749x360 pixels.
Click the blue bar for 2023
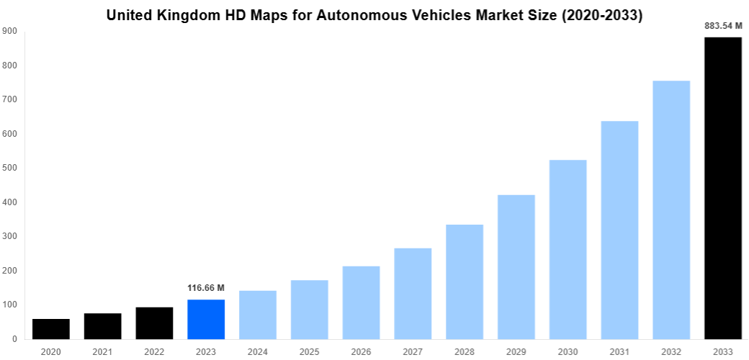(x=206, y=319)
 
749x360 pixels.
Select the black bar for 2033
(x=723, y=188)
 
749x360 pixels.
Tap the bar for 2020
(x=51, y=328)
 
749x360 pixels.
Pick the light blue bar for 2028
(x=465, y=282)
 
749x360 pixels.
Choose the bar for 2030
(x=568, y=249)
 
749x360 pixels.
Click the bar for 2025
(x=310, y=309)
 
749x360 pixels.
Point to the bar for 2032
(x=671, y=210)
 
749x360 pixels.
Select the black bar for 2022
(x=154, y=323)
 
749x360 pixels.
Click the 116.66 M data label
(x=206, y=288)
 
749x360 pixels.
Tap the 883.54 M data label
(x=723, y=26)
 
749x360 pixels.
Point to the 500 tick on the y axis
(x=9, y=168)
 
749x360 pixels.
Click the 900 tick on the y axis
(x=9, y=31)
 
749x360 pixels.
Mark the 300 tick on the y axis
(x=9, y=236)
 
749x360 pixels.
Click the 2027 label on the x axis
(x=413, y=352)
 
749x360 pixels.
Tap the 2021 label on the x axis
(x=102, y=352)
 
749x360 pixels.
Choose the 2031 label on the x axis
(x=619, y=352)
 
